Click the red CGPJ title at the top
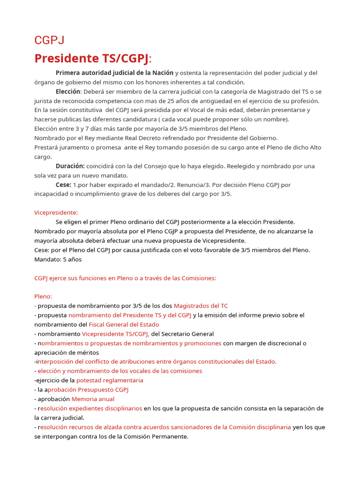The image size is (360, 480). coord(49,40)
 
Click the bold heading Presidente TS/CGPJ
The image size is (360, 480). coord(92,59)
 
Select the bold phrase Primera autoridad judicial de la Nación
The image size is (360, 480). coord(114,73)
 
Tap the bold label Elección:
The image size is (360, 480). coord(68,91)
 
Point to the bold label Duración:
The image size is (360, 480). coord(70,166)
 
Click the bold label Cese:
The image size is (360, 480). coord(63,185)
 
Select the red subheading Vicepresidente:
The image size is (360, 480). coord(56,212)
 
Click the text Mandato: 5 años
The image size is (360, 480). coord(58,259)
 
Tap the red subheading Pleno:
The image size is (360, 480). coord(43,296)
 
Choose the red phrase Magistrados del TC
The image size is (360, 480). coord(201,306)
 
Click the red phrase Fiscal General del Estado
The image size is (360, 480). coord(124,324)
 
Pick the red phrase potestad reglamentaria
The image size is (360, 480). coord(110,380)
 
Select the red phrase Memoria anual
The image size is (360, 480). coord(93,399)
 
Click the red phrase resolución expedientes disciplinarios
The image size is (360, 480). coord(90,408)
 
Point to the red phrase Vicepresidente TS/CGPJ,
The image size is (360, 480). coord(116,334)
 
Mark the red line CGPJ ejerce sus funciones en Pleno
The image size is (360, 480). coord(125,278)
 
